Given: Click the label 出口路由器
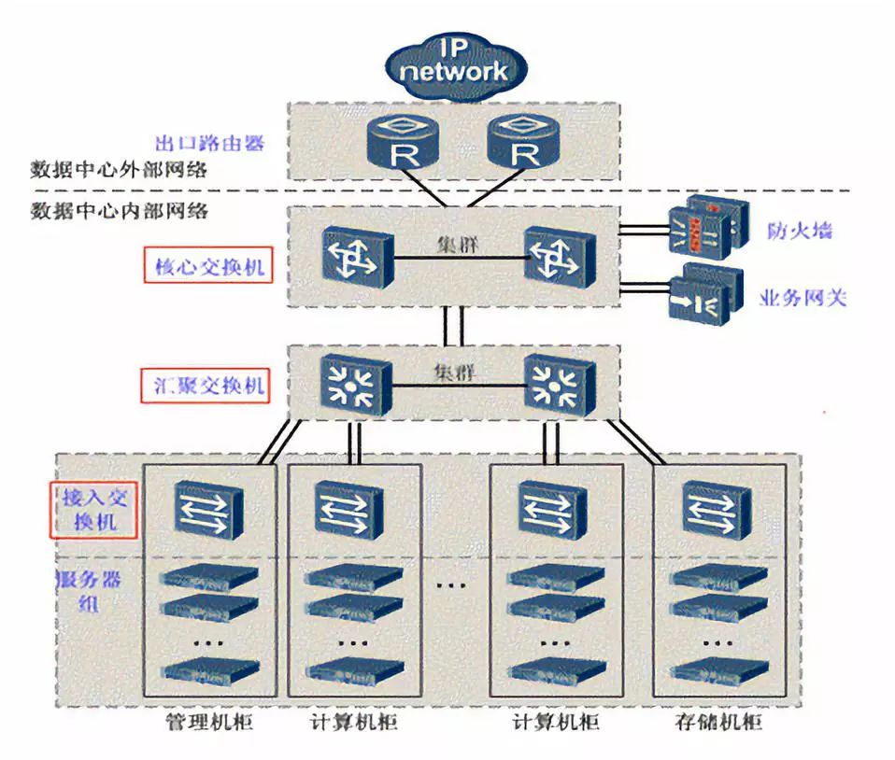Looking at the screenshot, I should click(209, 143).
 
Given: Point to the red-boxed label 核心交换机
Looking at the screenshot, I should click(209, 267).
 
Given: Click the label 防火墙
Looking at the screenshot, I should click(800, 230).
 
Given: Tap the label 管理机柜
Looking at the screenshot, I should click(208, 724).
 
